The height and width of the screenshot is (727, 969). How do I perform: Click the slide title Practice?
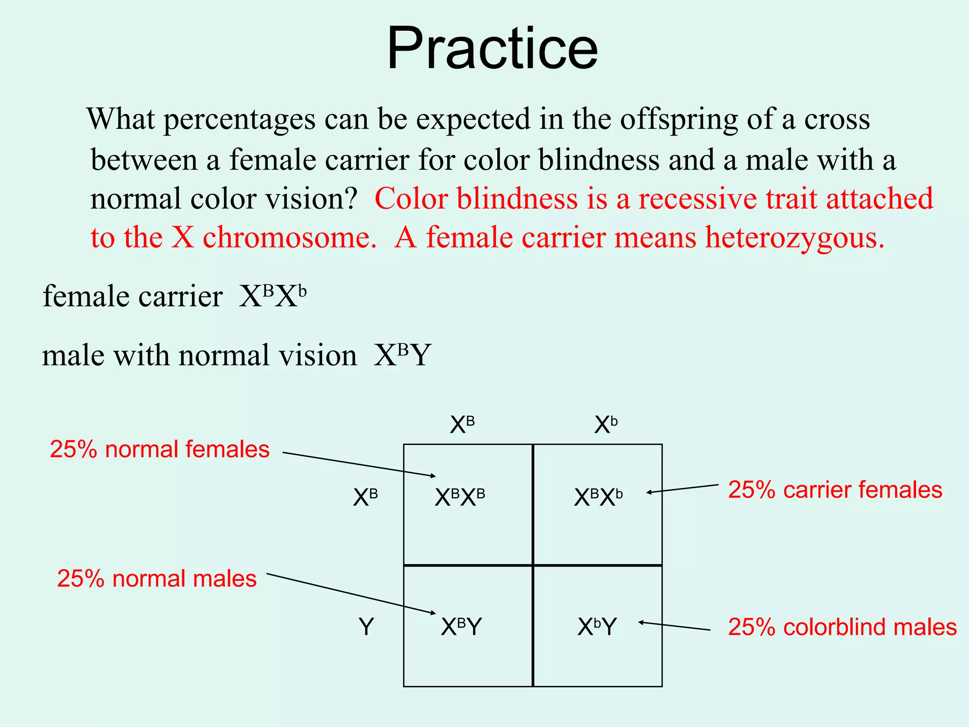click(x=492, y=49)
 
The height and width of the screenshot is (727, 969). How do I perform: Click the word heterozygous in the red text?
click(x=794, y=237)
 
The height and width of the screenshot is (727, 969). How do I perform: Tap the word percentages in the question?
click(x=239, y=119)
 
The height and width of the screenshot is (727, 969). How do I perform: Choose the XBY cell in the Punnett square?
click(x=461, y=627)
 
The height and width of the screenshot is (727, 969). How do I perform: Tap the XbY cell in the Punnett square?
click(x=597, y=627)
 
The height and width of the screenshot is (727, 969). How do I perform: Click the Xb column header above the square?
click(x=606, y=425)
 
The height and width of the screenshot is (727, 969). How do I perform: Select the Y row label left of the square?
click(x=366, y=627)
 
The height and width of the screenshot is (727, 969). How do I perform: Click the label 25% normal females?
click(x=159, y=449)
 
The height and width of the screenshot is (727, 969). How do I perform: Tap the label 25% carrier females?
click(x=835, y=490)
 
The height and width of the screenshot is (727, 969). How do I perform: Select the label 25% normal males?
click(x=157, y=579)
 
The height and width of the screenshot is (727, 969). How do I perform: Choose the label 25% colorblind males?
click(x=842, y=627)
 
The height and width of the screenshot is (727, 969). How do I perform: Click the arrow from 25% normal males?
click(x=350, y=594)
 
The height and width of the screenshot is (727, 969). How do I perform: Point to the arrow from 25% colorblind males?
click(x=674, y=626)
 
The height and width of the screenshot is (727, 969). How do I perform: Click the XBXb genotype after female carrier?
click(x=273, y=297)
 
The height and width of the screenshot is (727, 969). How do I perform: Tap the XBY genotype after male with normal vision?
click(x=403, y=355)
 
